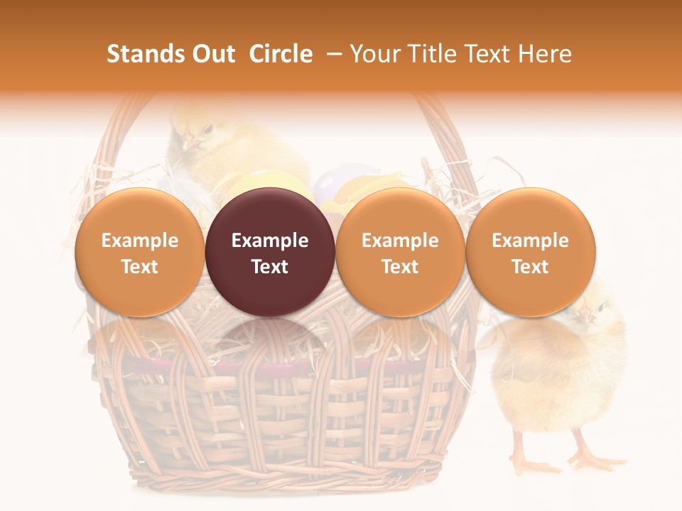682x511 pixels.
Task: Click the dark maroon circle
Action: pos(270,252)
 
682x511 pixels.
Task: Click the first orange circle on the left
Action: pos(139,252)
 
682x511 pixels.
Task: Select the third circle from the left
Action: pos(400,252)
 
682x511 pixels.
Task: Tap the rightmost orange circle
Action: pos(531,252)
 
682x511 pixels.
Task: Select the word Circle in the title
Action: pos(281,54)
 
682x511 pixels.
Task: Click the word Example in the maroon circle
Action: pos(270,241)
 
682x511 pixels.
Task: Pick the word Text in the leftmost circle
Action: pos(139,267)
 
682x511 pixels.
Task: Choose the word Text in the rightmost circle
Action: pos(531,267)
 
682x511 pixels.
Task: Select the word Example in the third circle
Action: pos(400,241)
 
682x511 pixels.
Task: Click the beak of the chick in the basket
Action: pos(190,143)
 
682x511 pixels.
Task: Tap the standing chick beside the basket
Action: pos(561,376)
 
